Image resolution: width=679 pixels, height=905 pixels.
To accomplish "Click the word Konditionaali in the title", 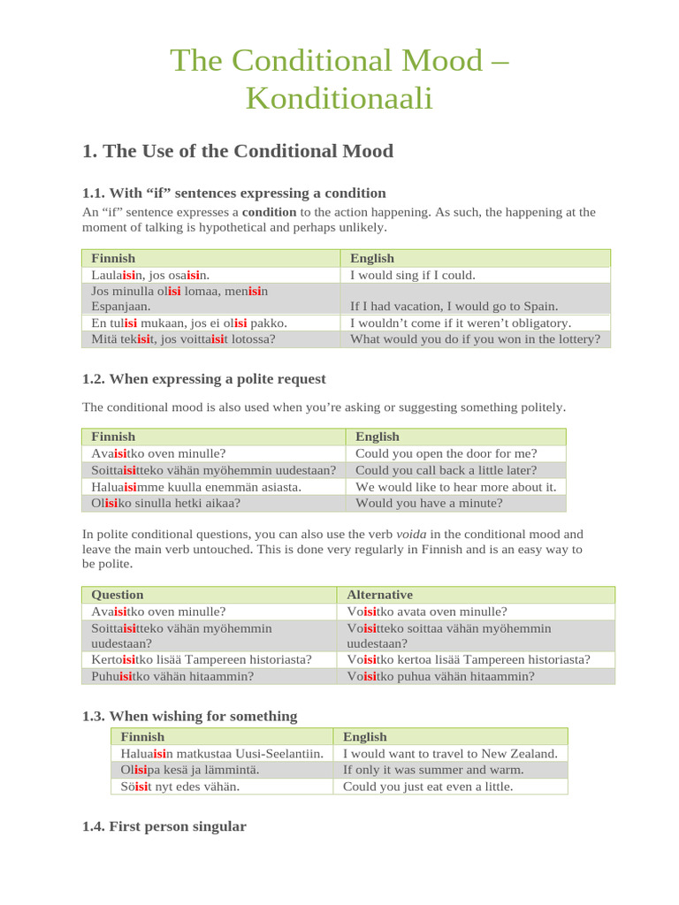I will point(339,98).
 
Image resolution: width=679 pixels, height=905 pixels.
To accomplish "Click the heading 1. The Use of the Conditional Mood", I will point(237,151).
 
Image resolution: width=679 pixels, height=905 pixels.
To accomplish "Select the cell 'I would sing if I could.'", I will point(413,275).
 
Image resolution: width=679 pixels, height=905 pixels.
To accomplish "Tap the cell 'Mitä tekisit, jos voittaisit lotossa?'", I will point(183,338).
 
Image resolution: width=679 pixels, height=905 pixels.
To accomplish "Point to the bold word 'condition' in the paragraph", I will point(269,212).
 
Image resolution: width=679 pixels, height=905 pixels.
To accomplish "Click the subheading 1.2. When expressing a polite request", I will point(203,379).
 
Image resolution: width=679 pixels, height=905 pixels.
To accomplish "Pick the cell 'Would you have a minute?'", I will point(429,503).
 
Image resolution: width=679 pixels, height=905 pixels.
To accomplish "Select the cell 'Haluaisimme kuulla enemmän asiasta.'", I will point(196,487).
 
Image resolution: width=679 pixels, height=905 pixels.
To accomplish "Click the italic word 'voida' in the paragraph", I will point(411,534).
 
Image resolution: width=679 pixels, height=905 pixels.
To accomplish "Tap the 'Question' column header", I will point(118,595).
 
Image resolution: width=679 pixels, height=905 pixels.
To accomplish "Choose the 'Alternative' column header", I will point(379,595).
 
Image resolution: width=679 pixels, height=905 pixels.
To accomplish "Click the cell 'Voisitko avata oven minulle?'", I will point(427,611).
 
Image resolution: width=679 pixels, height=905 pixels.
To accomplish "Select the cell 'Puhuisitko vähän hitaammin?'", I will point(172,676).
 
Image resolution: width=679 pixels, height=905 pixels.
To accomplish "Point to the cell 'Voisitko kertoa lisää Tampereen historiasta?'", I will point(469,659).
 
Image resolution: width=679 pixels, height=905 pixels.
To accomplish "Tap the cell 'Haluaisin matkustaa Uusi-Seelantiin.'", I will point(221,753).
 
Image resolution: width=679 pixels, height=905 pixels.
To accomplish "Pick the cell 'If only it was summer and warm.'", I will point(433,770).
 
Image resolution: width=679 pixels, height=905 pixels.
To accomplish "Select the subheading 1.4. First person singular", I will point(164,826).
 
